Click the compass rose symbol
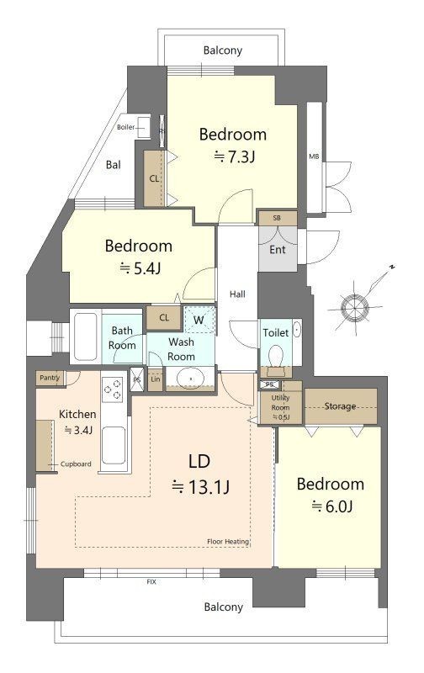[355, 307]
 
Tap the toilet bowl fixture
[275, 356]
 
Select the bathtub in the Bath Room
[86, 336]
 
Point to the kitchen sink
[114, 445]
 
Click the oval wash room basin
[190, 379]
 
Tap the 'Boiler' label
[125, 127]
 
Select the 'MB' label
[314, 156]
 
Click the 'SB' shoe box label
[277, 218]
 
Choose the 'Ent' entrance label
[278, 249]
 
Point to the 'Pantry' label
[50, 378]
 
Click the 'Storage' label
[340, 405]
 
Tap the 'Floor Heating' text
[228, 541]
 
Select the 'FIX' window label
[151, 581]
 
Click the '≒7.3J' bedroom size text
[235, 157]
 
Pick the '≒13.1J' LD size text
[201, 487]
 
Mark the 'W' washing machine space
[199, 320]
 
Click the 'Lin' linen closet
[156, 379]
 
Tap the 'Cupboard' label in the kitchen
[76, 464]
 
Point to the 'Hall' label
[237, 294]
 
